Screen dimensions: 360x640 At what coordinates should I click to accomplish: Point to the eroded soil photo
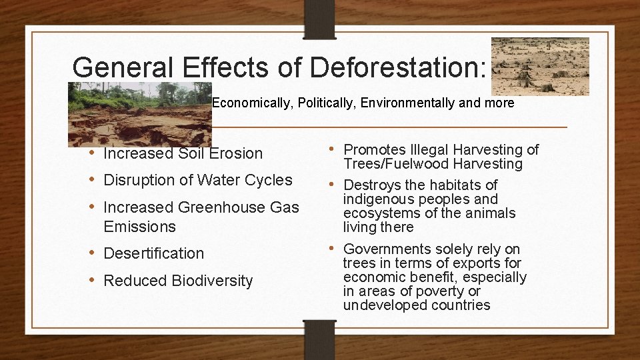tap(139, 114)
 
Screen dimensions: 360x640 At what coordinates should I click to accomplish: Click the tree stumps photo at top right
tap(540, 66)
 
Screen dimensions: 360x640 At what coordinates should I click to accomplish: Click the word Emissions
tap(139, 227)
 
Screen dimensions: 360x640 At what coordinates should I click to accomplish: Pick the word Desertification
tap(154, 253)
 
